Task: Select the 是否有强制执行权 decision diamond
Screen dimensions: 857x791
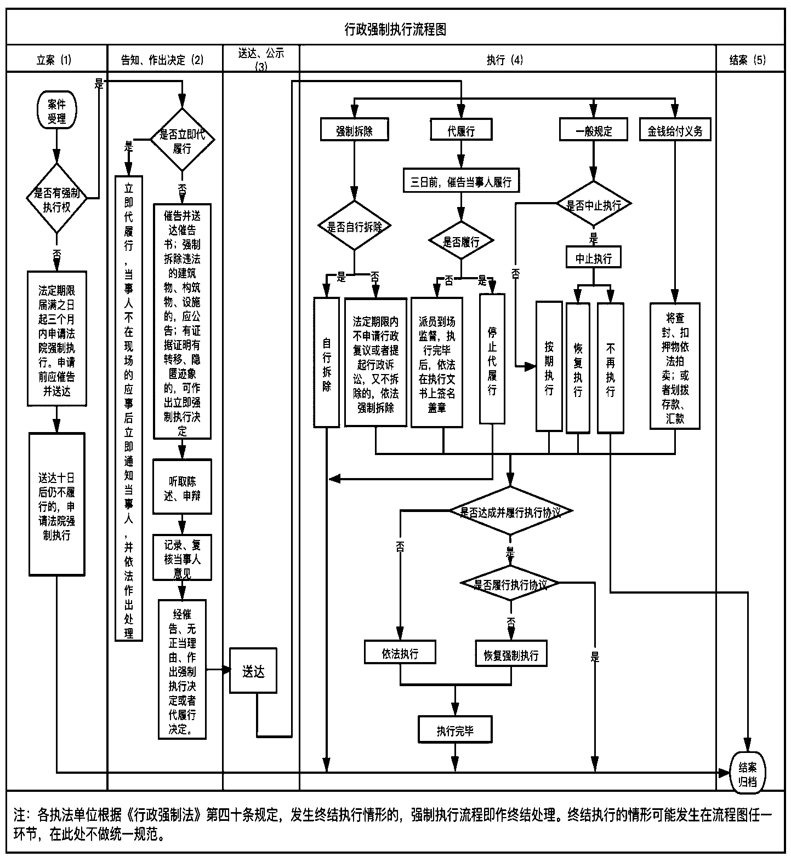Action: [57, 200]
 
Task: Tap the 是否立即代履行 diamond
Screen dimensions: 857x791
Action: [182, 141]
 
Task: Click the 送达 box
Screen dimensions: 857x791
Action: [253, 671]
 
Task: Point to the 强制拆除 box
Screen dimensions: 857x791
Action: [354, 130]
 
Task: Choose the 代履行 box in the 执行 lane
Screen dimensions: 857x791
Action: [461, 130]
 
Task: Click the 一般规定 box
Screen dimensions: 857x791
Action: [594, 130]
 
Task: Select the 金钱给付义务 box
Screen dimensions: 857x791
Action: [675, 130]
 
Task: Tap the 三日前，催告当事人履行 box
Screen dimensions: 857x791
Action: [461, 181]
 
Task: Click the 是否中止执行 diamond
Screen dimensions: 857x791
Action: [594, 205]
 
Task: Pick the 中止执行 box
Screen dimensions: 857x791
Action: [594, 257]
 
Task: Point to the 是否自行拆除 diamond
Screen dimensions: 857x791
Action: [354, 226]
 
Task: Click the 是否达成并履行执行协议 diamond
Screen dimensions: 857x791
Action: [510, 511]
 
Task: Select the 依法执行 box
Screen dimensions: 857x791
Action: [400, 653]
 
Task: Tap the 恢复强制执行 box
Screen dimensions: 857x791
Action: [511, 654]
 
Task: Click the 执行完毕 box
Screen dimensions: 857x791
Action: [455, 730]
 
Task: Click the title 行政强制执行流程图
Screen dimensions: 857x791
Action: [395, 29]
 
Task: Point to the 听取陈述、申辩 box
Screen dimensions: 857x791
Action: [183, 487]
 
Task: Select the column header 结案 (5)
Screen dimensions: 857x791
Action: [748, 60]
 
